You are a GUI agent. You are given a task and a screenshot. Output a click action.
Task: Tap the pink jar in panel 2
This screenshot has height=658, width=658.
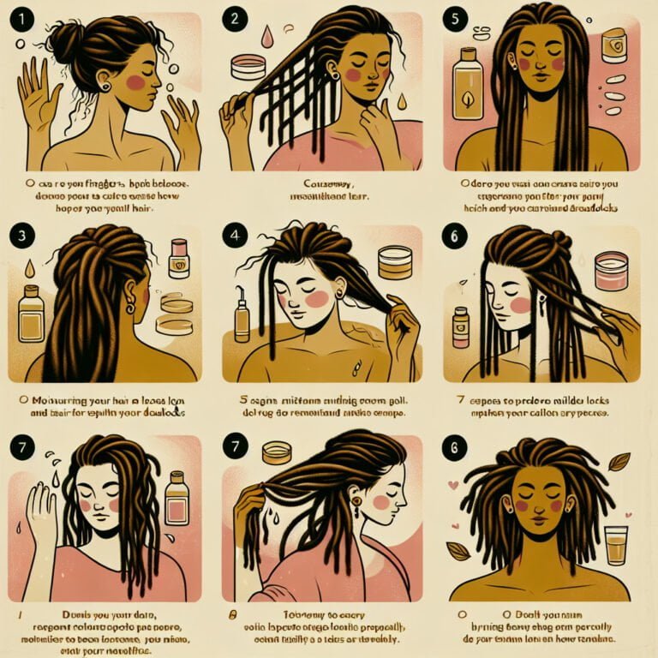click(x=248, y=67)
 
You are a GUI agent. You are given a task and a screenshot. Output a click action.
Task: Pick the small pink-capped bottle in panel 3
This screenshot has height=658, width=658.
click(x=179, y=258)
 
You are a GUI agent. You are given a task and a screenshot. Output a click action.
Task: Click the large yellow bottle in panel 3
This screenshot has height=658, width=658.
click(x=32, y=314)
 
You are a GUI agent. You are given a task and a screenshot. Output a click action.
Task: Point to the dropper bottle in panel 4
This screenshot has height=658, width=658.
click(x=242, y=317)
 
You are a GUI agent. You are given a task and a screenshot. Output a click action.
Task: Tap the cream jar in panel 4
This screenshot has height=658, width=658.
click(x=393, y=262)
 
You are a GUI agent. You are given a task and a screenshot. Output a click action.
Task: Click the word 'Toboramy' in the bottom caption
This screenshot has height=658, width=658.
click(x=286, y=616)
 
